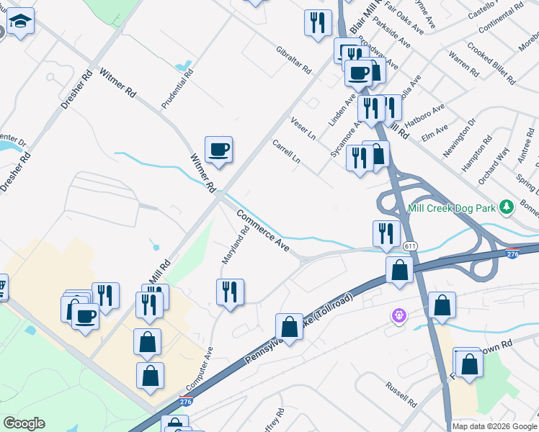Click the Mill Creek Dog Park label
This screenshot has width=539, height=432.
pyautogui.click(x=453, y=207)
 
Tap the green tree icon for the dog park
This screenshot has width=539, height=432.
pyautogui.click(x=507, y=207)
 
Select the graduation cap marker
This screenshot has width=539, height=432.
pyautogui.click(x=22, y=24)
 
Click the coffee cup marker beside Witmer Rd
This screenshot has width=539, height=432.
pyautogui.click(x=218, y=150)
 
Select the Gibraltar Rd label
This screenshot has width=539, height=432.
pyautogui.click(x=293, y=60)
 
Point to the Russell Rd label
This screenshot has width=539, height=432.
pyautogui.click(x=400, y=395)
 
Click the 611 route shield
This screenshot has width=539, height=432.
pyautogui.click(x=410, y=246)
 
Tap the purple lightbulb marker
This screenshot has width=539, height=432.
pyautogui.click(x=397, y=315)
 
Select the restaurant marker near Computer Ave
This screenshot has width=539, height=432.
pyautogui.click(x=230, y=292)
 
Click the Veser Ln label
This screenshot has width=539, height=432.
pyautogui.click(x=303, y=127)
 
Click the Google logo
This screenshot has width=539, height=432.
pyautogui.click(x=24, y=423)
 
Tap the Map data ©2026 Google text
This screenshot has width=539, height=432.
pyautogui.click(x=494, y=426)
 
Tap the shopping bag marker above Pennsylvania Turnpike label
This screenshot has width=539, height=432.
pyautogui.click(x=289, y=327)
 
